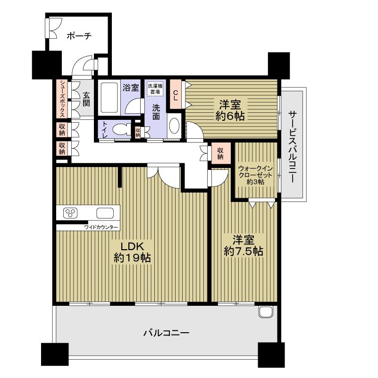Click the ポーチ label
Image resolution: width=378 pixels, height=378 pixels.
click(x=78, y=35)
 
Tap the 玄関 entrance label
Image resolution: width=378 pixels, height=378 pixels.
click(x=86, y=99)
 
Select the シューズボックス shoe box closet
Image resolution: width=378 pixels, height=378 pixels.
click(x=62, y=99)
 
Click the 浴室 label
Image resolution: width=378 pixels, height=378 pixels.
click(x=131, y=87)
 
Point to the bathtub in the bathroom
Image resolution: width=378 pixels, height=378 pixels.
click(x=109, y=97)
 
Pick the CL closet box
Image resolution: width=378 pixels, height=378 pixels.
click(x=176, y=94)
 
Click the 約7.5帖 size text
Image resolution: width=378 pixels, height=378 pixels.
click(x=243, y=251)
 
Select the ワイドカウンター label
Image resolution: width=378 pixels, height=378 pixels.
click(x=101, y=227)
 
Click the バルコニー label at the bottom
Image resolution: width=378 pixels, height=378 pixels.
click(x=166, y=333)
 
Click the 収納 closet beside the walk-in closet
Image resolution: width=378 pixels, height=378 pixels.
click(x=220, y=152)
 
